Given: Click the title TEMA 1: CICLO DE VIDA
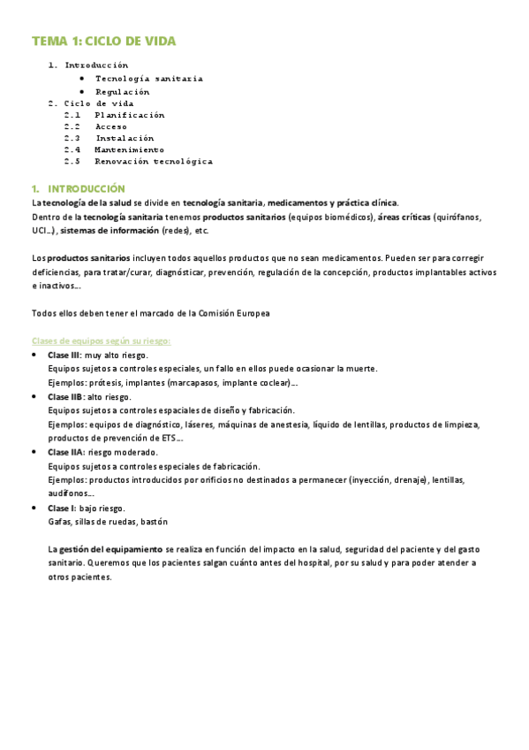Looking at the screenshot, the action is click(x=104, y=42).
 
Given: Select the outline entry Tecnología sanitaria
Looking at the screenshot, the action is click(x=148, y=79).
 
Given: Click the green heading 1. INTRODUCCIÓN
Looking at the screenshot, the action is click(x=78, y=189).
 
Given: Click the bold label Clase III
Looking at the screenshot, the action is click(x=64, y=355).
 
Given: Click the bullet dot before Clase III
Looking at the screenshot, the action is click(x=34, y=356).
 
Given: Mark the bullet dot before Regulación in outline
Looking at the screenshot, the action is click(x=81, y=91).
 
